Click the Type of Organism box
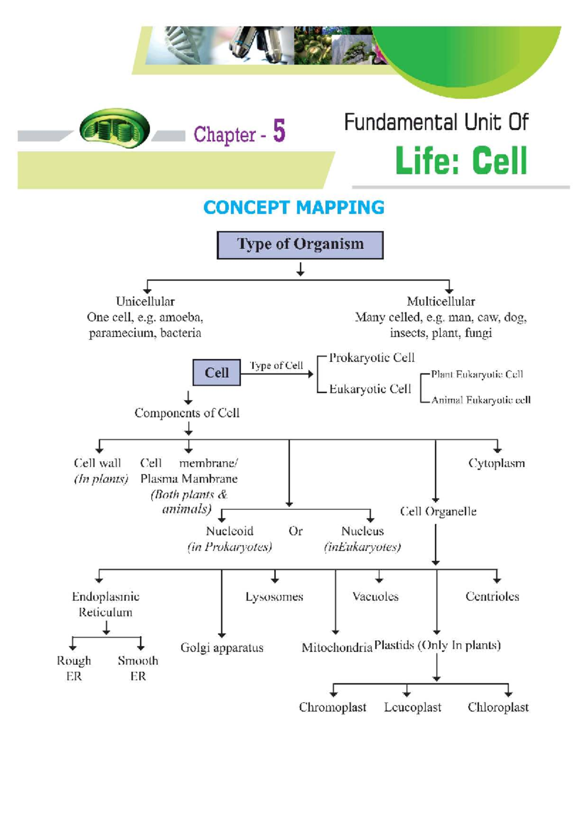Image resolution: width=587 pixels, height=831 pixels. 300,245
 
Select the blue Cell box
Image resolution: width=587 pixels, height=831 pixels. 216,372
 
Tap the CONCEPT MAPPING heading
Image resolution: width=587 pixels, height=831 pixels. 293,208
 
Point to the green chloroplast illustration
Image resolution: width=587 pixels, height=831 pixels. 115,128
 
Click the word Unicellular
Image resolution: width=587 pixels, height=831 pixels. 145,301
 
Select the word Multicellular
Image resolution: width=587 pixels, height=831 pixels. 441,301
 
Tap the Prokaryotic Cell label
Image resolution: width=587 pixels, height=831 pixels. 371,358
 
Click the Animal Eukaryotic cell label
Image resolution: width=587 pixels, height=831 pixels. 480,400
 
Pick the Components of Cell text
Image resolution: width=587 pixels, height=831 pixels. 187,413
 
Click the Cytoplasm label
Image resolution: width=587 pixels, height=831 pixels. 496,463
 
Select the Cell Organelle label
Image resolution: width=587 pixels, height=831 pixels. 438,511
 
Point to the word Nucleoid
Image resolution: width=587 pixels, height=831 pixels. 229,531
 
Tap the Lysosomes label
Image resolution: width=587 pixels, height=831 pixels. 274,597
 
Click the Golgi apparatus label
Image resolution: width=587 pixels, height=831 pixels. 222,647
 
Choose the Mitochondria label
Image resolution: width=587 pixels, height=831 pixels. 337,647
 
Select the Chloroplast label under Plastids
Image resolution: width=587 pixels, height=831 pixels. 497,707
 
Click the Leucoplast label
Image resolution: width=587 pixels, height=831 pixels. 412,707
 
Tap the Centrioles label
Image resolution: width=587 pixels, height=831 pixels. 492,597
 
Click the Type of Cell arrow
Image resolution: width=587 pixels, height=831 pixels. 277,374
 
